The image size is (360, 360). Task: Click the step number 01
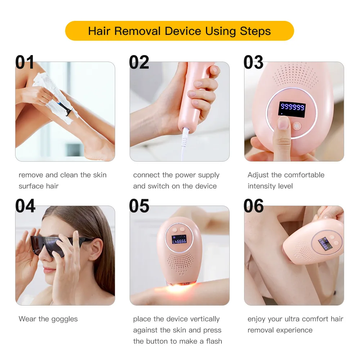tap(25, 62)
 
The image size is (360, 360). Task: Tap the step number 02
tap(139, 62)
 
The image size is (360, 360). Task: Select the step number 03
tap(253, 62)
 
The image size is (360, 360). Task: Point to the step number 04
tap(25, 206)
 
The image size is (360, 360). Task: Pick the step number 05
tap(139, 206)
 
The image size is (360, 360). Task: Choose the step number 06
tap(253, 206)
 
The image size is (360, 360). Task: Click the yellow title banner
tap(179, 31)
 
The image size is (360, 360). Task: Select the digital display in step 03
tap(292, 108)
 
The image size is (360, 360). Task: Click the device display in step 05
tap(179, 240)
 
